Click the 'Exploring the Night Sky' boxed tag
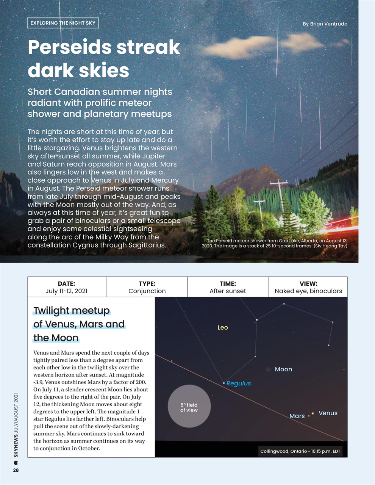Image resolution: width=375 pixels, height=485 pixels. click(x=63, y=23)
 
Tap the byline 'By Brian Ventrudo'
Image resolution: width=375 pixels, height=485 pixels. click(x=325, y=24)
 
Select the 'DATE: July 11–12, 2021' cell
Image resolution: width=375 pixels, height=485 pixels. click(x=67, y=287)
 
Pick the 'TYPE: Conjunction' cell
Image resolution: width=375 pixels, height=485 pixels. click(x=147, y=287)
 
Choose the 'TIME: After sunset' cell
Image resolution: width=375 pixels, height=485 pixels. click(x=228, y=287)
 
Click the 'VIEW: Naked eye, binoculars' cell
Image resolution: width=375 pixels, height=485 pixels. click(x=308, y=287)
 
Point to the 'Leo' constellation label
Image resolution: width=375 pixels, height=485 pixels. click(x=223, y=328)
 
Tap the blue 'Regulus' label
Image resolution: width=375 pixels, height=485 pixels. click(x=239, y=383)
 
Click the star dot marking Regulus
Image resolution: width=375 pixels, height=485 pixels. click(x=224, y=383)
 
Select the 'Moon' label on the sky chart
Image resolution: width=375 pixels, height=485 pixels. click(x=283, y=369)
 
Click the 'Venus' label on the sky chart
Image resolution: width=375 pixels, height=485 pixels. click(x=328, y=413)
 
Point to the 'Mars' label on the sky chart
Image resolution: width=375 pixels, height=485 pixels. click(x=297, y=416)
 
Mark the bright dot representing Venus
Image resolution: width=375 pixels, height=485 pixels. click(x=312, y=413)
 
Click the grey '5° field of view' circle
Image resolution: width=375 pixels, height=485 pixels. click(x=189, y=406)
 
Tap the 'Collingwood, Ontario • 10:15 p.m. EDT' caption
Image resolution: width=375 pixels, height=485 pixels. click(x=300, y=451)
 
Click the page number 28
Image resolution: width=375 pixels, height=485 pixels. click(x=16, y=470)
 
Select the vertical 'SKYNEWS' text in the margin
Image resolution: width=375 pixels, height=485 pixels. click(x=16, y=447)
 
